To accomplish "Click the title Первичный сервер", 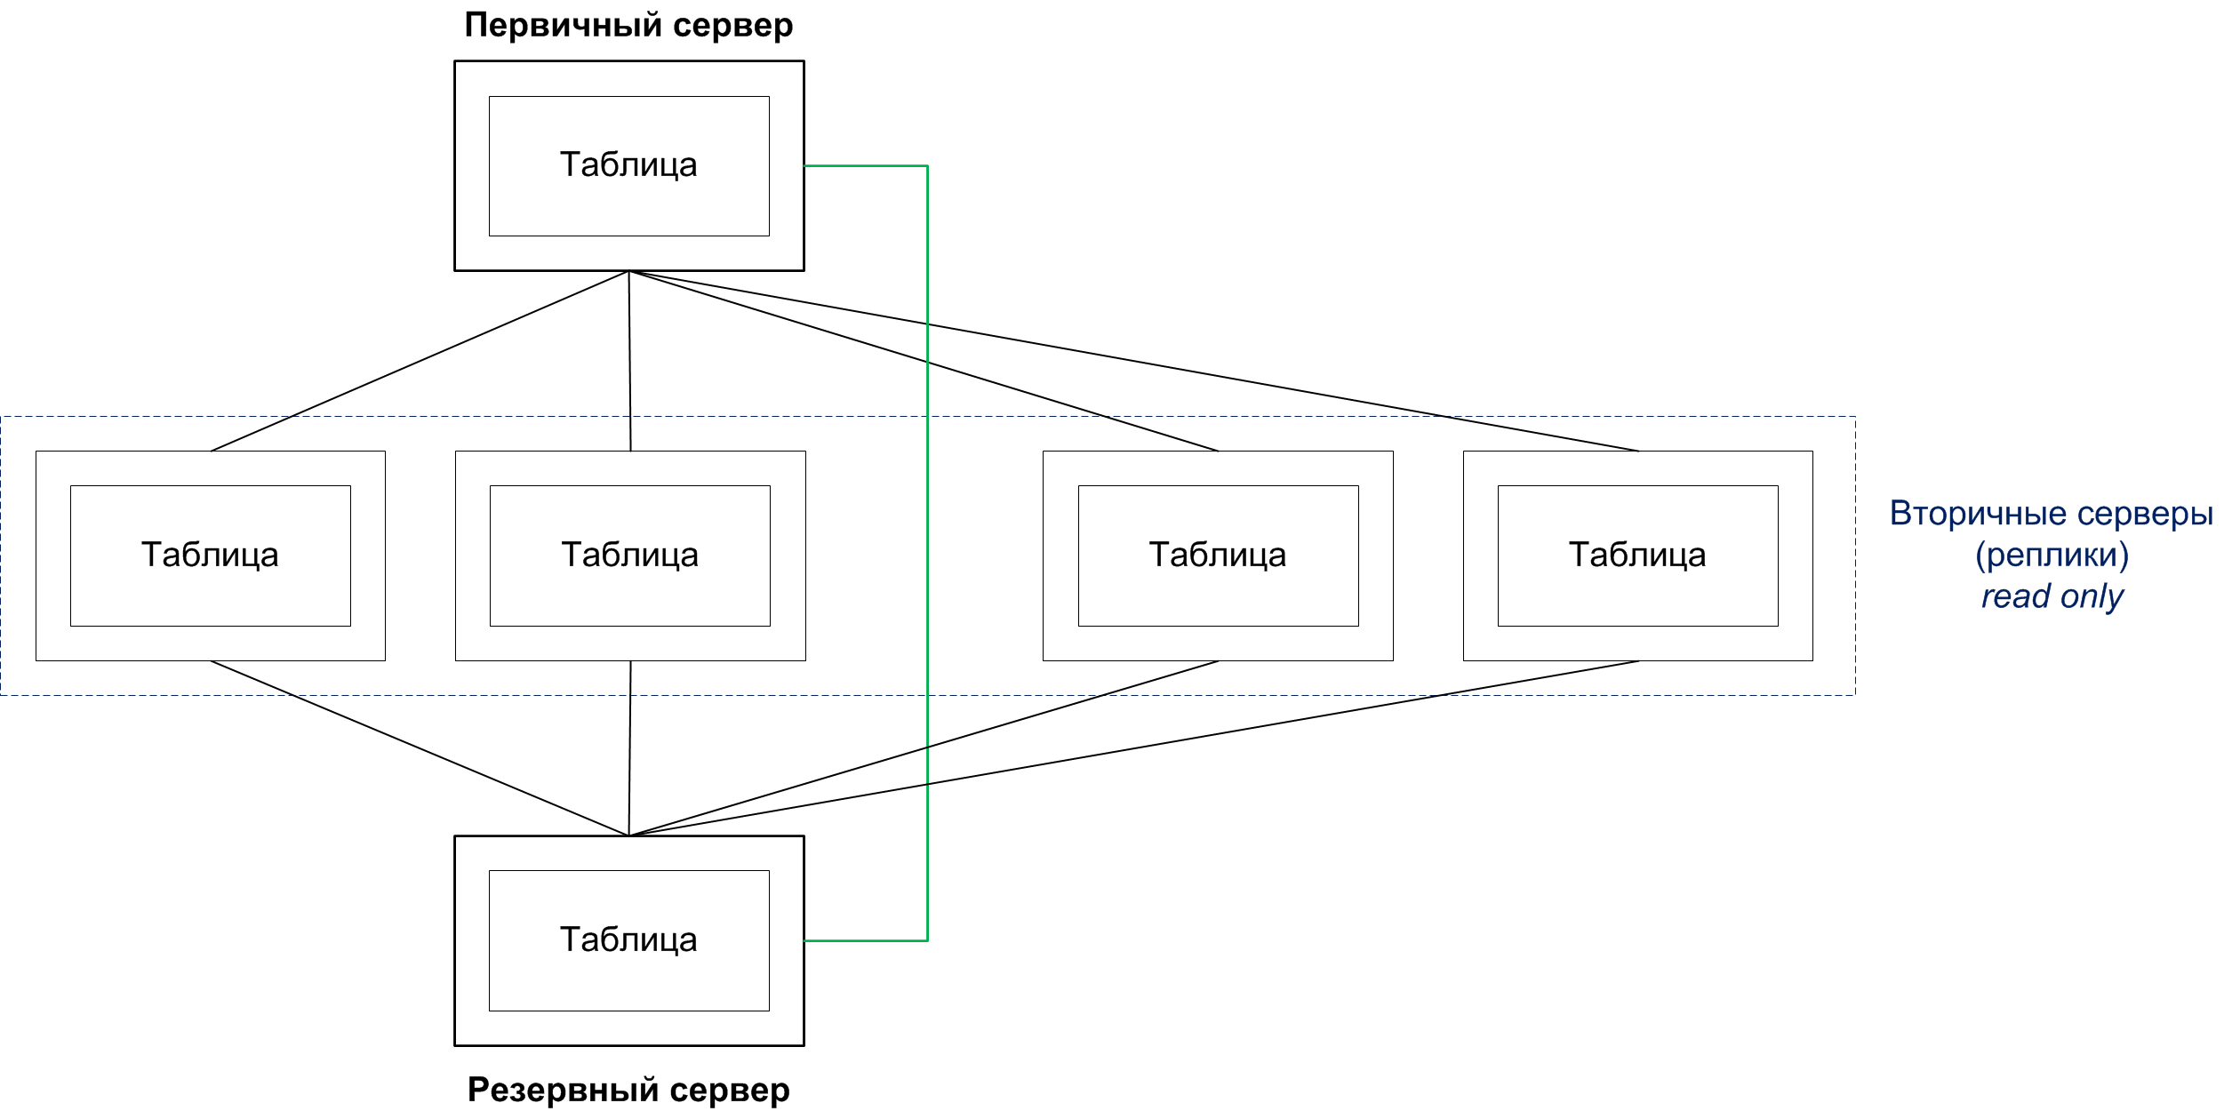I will click(x=628, y=26).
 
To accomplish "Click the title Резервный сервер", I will click(x=628, y=1090).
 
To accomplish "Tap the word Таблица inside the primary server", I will click(x=628, y=165).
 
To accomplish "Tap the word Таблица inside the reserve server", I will click(x=628, y=940).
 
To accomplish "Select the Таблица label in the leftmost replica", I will click(x=210, y=555).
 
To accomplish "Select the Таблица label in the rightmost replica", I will click(x=1637, y=555).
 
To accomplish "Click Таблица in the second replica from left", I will click(x=629, y=555).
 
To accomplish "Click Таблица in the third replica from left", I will click(x=1218, y=555).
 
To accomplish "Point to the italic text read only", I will click(x=2052, y=596).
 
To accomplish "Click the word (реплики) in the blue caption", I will click(x=2052, y=555).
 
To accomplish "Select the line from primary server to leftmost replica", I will click(x=420, y=361).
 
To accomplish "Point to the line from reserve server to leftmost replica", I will click(x=420, y=748).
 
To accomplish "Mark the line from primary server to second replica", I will click(x=629, y=361).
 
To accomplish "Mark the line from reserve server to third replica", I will click(x=924, y=748).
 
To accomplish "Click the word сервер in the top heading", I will click(x=732, y=26).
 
